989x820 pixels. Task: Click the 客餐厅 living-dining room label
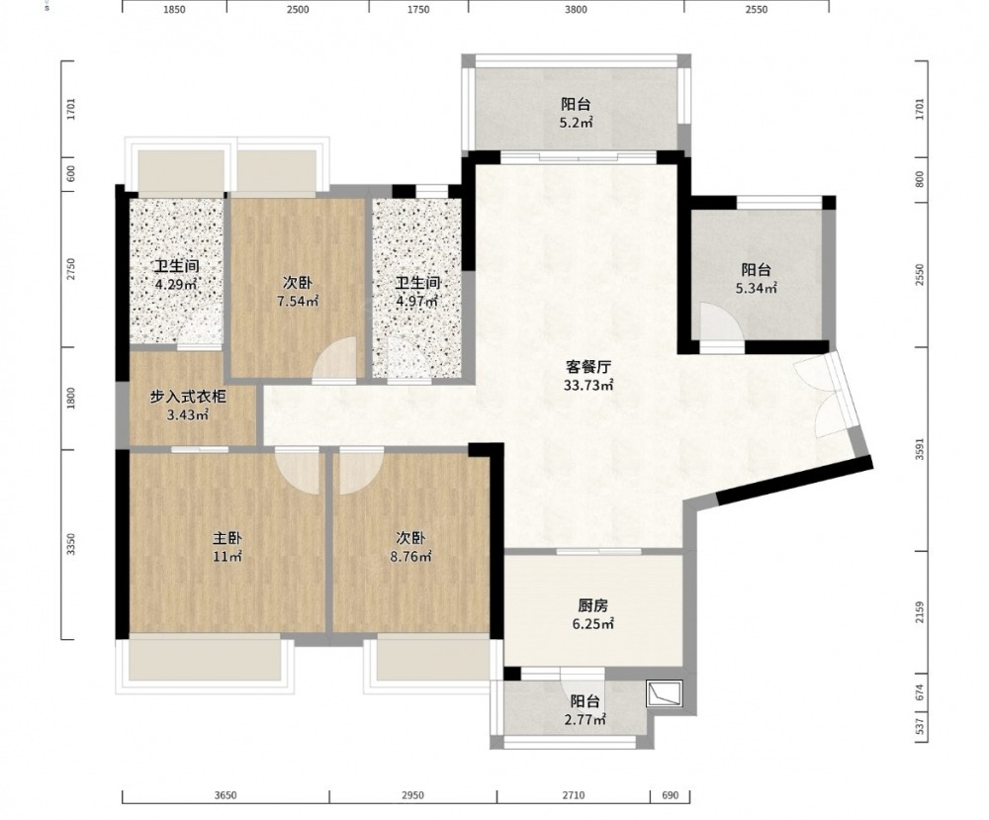click(587, 366)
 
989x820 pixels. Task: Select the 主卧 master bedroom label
click(227, 539)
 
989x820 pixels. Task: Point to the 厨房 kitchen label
click(592, 606)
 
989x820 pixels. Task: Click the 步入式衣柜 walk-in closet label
click(187, 397)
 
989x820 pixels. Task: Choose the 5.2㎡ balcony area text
click(576, 123)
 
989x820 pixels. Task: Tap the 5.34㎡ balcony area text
click(757, 289)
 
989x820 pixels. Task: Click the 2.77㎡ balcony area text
click(585, 720)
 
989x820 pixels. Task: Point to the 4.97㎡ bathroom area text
click(417, 302)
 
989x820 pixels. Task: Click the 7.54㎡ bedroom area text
click(298, 302)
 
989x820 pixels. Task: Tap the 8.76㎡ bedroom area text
click(410, 557)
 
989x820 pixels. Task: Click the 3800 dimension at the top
click(576, 10)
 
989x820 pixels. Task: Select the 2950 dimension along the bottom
click(412, 795)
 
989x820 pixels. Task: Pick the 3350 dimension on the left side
click(71, 544)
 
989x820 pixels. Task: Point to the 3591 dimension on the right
click(920, 449)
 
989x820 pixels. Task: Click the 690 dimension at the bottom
click(671, 795)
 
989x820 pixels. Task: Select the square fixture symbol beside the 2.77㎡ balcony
click(665, 693)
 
